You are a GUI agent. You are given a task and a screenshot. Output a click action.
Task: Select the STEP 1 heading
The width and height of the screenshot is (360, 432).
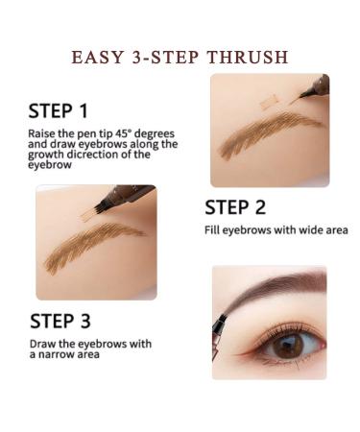point(58,111)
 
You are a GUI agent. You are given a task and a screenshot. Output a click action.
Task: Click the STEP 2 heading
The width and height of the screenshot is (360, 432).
point(235,207)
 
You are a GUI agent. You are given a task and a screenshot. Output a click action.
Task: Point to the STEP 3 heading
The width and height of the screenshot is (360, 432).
point(60,321)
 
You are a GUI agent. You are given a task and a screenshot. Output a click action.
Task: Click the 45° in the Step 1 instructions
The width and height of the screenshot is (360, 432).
point(128,133)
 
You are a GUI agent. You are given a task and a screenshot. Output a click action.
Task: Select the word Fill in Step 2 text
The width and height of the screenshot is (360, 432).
point(212,229)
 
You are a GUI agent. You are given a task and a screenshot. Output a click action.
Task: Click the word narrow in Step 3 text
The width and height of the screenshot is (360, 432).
point(58,354)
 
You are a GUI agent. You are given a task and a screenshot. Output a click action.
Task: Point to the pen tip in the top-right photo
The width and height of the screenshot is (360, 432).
point(302,94)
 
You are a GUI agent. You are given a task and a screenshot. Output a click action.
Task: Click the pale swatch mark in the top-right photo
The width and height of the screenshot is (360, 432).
point(270,102)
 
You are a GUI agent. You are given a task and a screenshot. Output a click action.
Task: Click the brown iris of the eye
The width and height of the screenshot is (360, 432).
point(288,347)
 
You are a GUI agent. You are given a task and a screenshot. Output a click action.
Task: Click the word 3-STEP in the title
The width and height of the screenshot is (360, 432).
point(165,58)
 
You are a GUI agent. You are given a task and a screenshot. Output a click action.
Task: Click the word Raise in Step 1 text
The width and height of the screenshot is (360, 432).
point(40,133)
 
